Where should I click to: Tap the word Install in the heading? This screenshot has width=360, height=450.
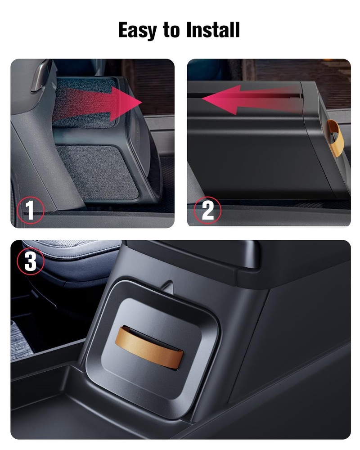point(213,30)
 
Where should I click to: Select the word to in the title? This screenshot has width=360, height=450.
point(171,30)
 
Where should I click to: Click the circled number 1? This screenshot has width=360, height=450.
point(31,210)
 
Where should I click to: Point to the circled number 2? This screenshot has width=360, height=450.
point(207,210)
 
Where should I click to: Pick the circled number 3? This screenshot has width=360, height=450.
point(31,261)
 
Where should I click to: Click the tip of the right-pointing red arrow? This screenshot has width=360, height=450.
point(142,102)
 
